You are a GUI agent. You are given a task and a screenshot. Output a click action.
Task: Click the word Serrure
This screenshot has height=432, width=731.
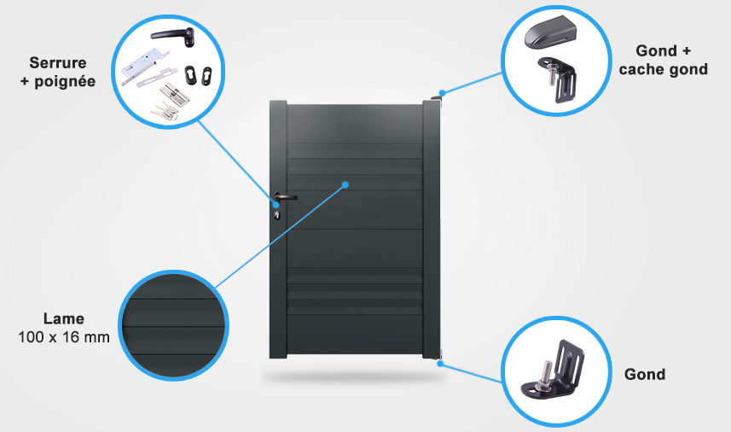58,62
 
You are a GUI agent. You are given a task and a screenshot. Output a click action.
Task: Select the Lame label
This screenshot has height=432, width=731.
65,318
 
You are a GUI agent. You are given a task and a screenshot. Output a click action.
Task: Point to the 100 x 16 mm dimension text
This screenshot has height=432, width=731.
64,338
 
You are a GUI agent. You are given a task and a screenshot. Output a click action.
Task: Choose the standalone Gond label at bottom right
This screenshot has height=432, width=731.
645,374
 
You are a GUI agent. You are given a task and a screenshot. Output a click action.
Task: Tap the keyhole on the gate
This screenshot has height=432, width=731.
277,214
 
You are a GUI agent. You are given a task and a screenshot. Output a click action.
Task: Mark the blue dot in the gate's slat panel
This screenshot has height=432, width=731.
345,184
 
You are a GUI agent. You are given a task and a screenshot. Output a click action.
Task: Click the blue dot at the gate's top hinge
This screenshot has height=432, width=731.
442,92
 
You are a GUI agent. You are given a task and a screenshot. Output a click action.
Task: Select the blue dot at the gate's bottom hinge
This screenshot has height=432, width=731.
442,363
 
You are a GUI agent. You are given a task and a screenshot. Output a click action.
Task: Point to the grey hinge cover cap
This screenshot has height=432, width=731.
552,35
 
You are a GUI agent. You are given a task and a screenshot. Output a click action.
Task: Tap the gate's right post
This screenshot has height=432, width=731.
432,231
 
